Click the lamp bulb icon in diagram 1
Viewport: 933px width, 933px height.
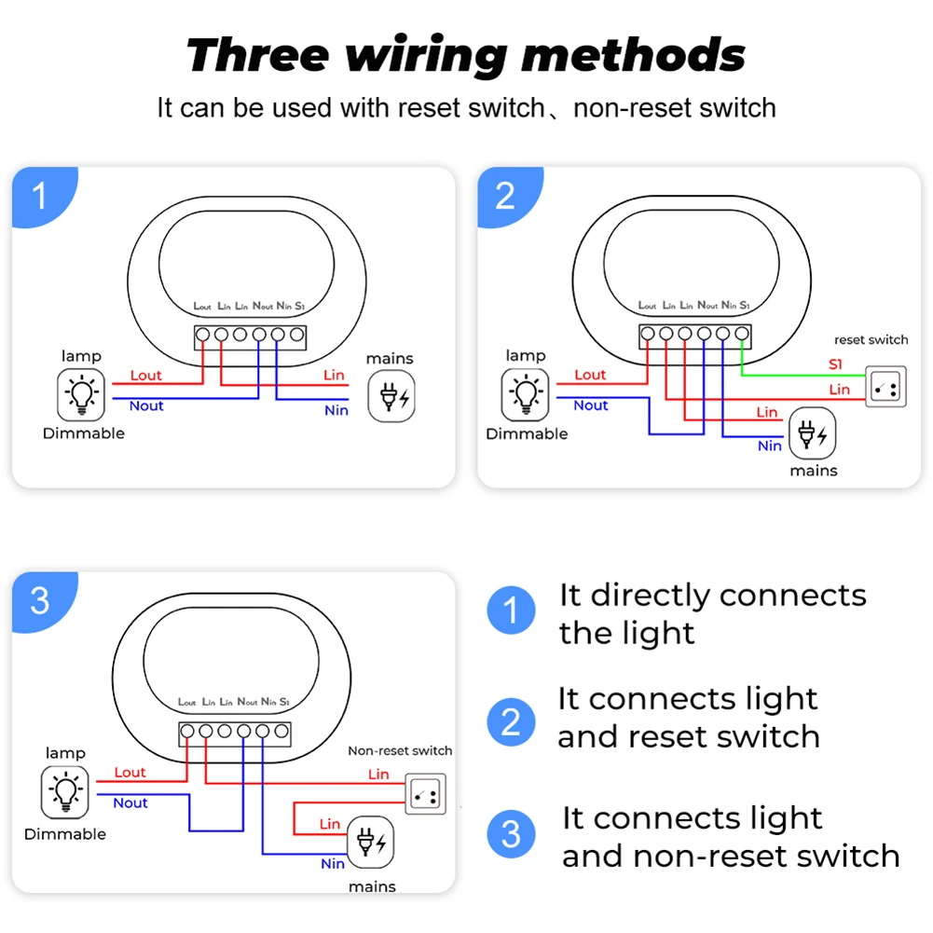pos(83,394)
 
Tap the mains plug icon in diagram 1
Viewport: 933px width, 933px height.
pos(391,396)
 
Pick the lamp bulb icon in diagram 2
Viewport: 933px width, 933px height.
pos(526,394)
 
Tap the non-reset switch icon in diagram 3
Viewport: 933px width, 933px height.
pos(425,793)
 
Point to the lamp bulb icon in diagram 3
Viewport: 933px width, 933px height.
pos(64,793)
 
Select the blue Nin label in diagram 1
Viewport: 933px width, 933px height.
pos(336,410)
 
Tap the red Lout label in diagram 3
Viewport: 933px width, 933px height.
pos(130,772)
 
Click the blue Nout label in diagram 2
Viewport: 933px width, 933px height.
pos(591,405)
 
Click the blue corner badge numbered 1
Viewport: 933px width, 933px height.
pos(39,196)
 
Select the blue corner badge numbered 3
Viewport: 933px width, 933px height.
pos(39,600)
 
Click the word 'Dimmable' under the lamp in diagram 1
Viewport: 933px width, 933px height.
pos(83,432)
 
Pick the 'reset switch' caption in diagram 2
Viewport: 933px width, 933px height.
pos(871,339)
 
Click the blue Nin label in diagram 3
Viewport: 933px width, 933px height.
pos(333,863)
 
